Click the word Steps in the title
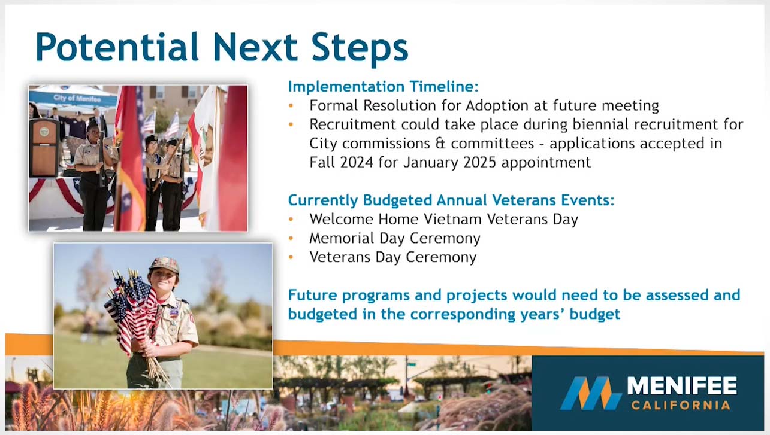(x=360, y=48)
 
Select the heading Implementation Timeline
(x=384, y=86)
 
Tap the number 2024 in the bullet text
(x=357, y=162)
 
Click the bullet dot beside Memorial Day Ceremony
(x=291, y=238)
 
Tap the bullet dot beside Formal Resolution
(x=291, y=105)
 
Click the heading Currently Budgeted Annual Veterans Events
(x=451, y=200)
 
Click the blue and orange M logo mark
(x=590, y=393)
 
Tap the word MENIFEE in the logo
(x=682, y=385)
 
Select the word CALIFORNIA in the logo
(x=681, y=406)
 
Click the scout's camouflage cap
(x=164, y=264)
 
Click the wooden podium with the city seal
(x=44, y=148)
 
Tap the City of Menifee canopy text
(x=77, y=99)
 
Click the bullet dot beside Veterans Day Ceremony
(x=291, y=257)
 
